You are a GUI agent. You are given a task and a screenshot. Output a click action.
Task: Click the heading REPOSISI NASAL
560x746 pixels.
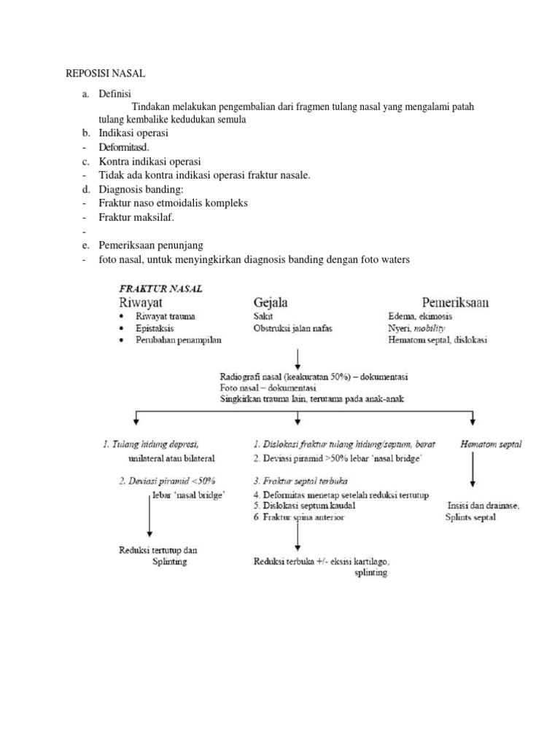[106, 74]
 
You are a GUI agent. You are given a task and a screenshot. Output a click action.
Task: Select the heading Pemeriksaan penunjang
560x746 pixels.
[151, 245]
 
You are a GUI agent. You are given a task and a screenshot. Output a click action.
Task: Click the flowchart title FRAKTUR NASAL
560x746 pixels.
[161, 288]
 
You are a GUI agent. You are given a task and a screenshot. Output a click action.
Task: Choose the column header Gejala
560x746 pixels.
[270, 302]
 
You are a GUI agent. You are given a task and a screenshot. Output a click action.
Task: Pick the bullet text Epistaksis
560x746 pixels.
[154, 329]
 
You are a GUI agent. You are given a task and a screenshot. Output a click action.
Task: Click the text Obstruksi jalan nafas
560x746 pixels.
[292, 329]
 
